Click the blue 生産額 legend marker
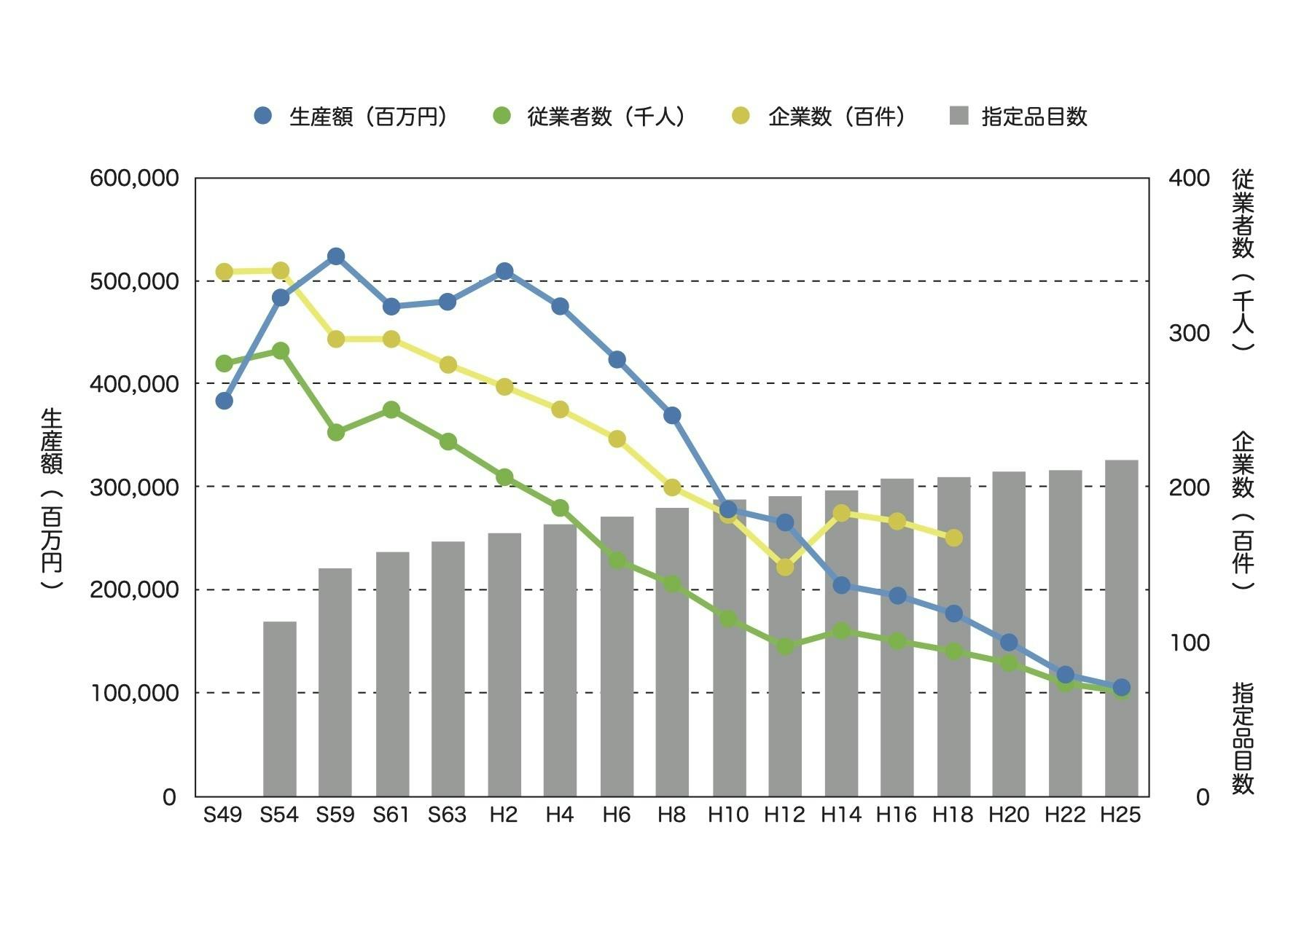click(263, 116)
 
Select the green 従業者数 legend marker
click(501, 116)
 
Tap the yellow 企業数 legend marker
click(741, 116)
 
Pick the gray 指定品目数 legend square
click(959, 116)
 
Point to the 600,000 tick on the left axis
click(134, 178)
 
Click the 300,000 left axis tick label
click(134, 487)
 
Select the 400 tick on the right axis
click(1189, 178)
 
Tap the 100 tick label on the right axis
click(1189, 642)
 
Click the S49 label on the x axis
click(222, 815)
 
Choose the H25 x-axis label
click(1120, 815)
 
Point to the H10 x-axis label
click(727, 815)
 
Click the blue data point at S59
click(336, 256)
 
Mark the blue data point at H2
click(504, 271)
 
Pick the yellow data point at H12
click(785, 567)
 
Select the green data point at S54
click(281, 351)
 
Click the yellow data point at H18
click(954, 538)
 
